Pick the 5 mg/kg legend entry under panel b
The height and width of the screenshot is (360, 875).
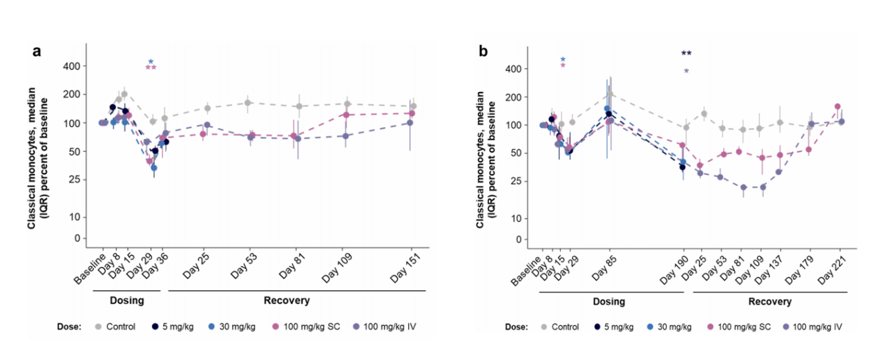[617, 326]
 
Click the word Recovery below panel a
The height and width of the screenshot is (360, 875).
[286, 301]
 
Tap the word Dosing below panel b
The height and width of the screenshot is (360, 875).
[608, 302]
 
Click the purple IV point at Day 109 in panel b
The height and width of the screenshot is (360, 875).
[762, 187]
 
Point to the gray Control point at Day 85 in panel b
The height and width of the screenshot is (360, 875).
[610, 95]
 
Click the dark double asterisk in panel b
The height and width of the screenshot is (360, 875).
[686, 54]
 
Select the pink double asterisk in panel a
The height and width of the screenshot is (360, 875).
[151, 68]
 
